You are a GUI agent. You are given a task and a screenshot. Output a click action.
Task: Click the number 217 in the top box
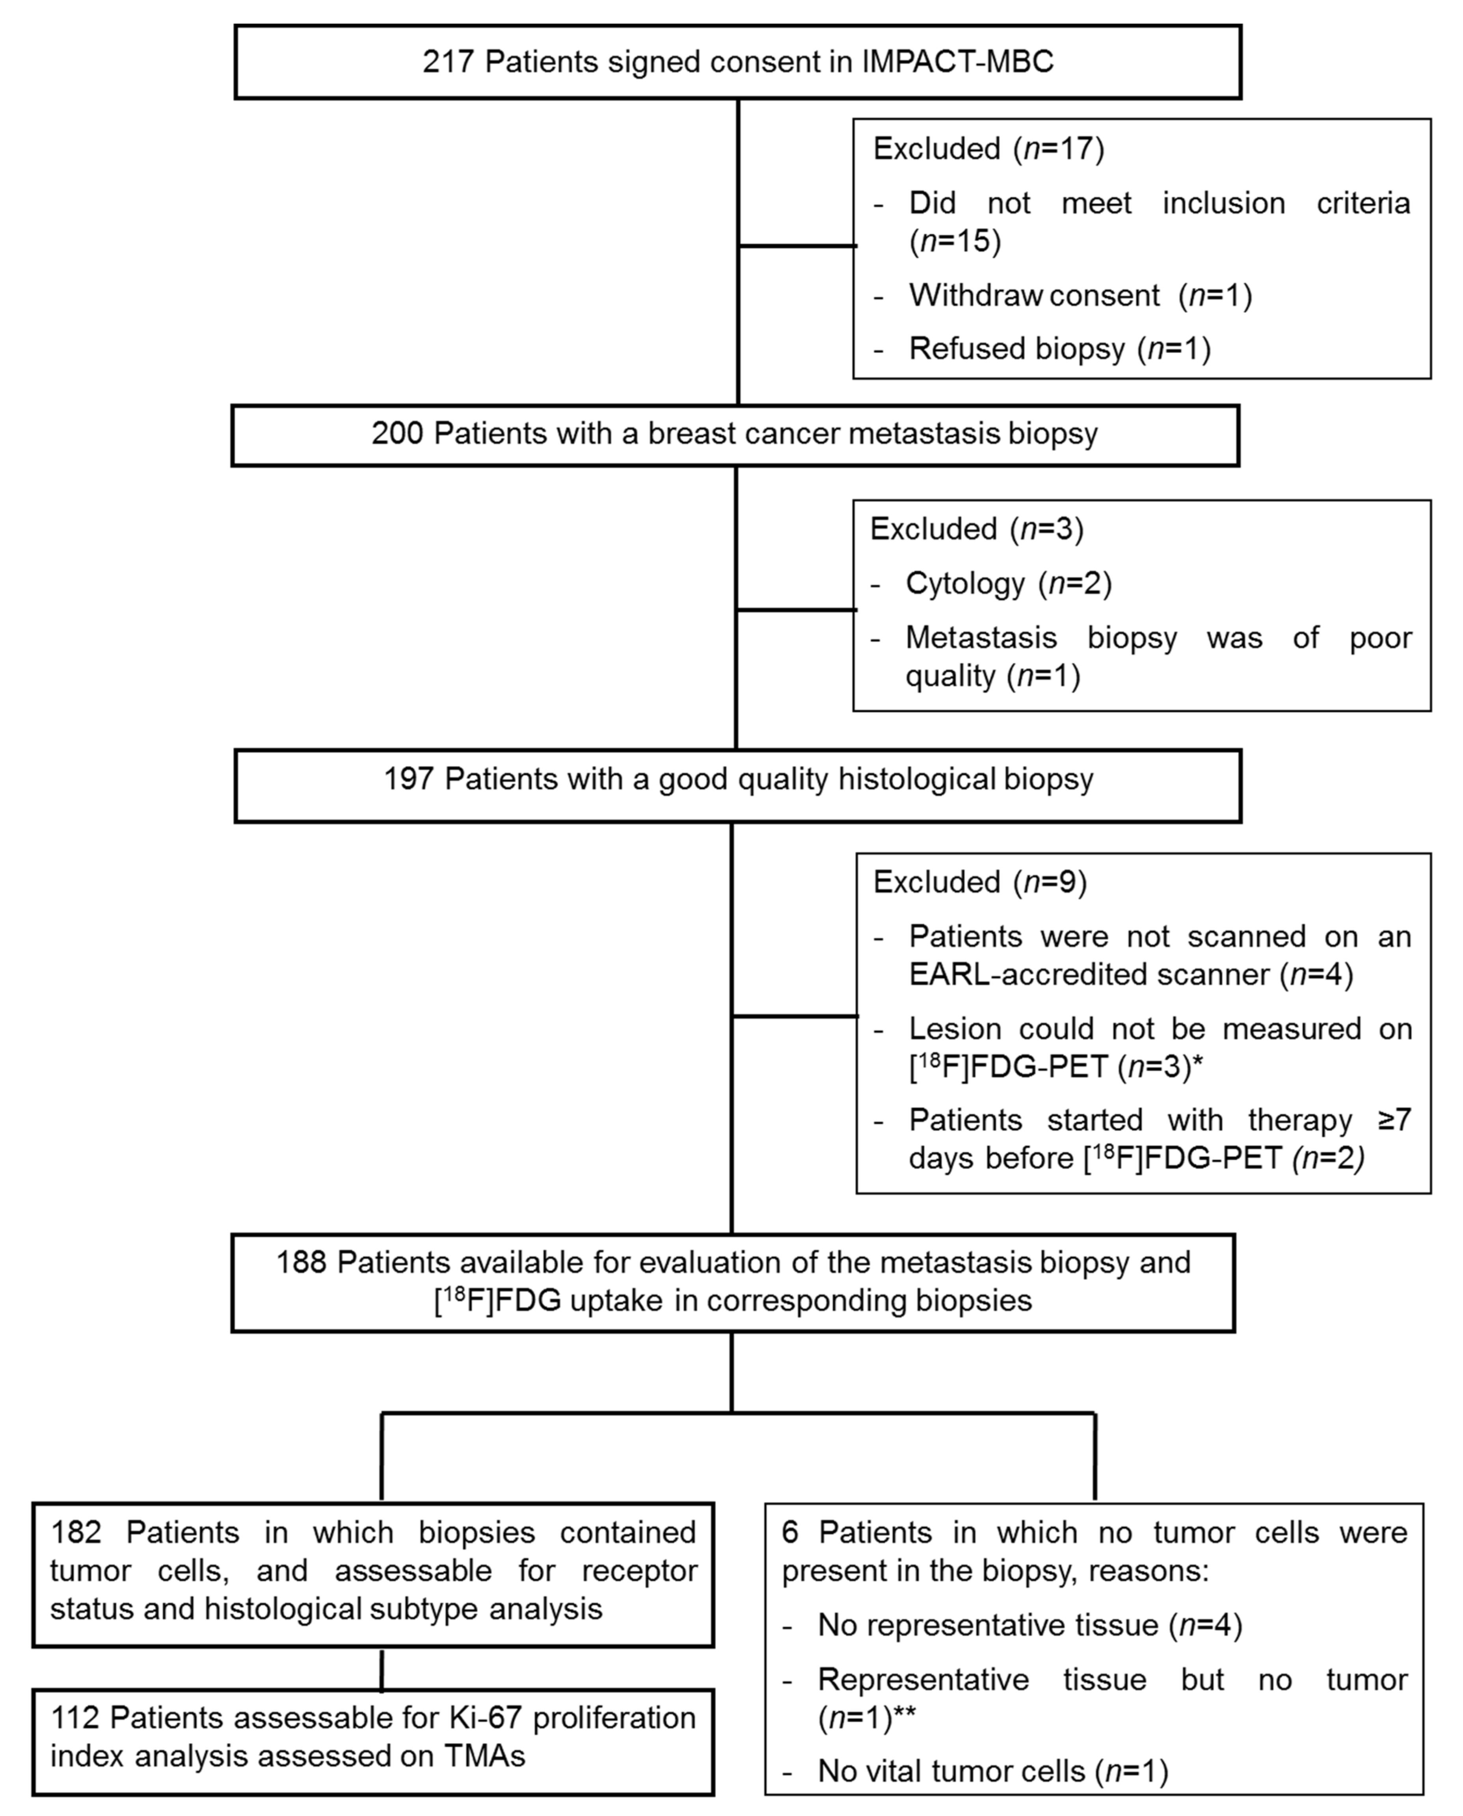(x=449, y=62)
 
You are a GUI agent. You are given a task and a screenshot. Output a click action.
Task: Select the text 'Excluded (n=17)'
(x=988, y=149)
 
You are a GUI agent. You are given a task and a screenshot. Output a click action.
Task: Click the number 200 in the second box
(x=398, y=434)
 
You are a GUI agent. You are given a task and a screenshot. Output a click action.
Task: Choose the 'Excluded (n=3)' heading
(x=976, y=529)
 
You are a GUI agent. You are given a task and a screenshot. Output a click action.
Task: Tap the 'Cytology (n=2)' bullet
(x=1008, y=583)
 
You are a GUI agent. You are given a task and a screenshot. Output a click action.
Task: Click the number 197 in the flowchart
(x=409, y=780)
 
